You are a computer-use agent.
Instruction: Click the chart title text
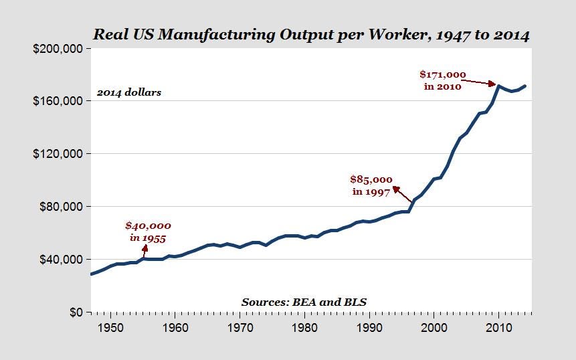point(311,34)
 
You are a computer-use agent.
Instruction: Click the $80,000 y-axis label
point(62,207)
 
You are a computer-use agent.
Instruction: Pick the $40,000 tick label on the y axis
point(62,260)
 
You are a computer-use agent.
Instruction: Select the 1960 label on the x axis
point(175,329)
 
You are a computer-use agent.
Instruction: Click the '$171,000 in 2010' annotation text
point(442,80)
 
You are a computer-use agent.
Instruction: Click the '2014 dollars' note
point(129,92)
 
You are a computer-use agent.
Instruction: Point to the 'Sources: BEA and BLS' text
point(304,302)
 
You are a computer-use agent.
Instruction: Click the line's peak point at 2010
point(498,86)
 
